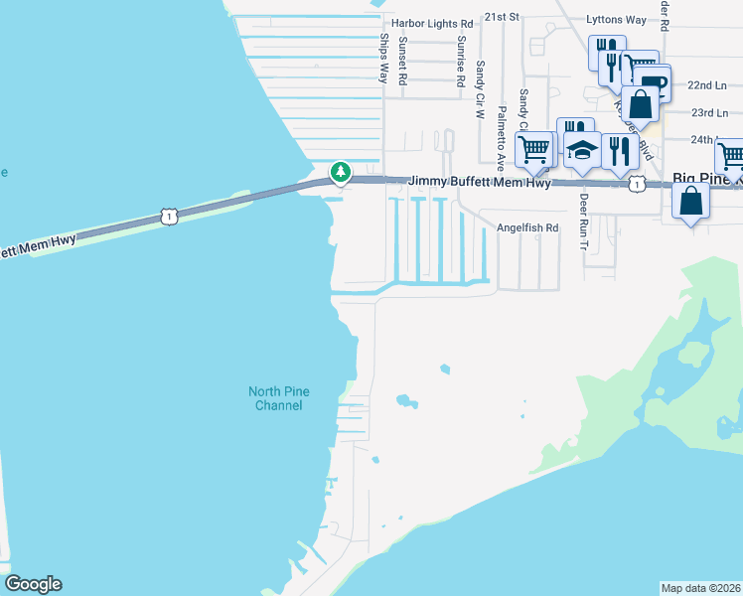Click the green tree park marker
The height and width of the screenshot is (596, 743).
(x=341, y=173)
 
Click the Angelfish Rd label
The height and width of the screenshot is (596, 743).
(x=528, y=228)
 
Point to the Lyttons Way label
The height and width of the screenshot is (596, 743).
(x=616, y=20)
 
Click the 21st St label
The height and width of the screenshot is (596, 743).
(x=503, y=17)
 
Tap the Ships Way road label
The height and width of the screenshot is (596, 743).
(x=383, y=58)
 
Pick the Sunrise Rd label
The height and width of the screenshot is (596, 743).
(x=461, y=64)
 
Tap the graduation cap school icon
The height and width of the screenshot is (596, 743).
(x=583, y=150)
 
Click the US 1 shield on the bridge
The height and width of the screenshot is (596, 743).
(x=170, y=216)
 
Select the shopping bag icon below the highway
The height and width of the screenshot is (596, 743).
(x=690, y=202)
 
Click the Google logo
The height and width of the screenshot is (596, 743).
(x=33, y=584)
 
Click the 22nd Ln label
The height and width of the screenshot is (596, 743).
(x=707, y=86)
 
